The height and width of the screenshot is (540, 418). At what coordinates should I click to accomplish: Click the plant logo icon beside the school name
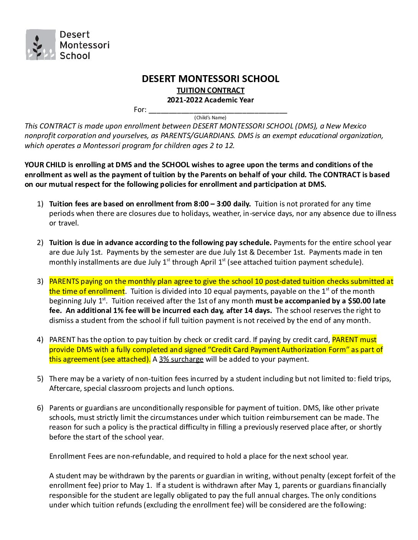[40, 45]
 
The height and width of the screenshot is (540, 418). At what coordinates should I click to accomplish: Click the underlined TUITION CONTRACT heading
[211, 90]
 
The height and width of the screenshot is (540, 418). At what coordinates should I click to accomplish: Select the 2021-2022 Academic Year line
[210, 100]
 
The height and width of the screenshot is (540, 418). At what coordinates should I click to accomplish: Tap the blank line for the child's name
[217, 110]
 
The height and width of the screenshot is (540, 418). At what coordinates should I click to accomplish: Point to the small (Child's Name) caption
[210, 118]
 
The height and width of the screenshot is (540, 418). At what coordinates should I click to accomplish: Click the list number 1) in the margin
[40, 204]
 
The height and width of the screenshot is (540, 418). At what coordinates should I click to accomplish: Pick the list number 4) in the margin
[40, 339]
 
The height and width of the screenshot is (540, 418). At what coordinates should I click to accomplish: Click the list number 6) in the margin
[40, 408]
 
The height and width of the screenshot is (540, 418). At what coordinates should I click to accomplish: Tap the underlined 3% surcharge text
[181, 359]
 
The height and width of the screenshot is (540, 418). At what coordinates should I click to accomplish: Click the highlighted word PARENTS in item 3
[64, 281]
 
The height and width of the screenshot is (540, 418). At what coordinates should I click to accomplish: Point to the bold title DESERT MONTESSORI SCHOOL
[210, 79]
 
